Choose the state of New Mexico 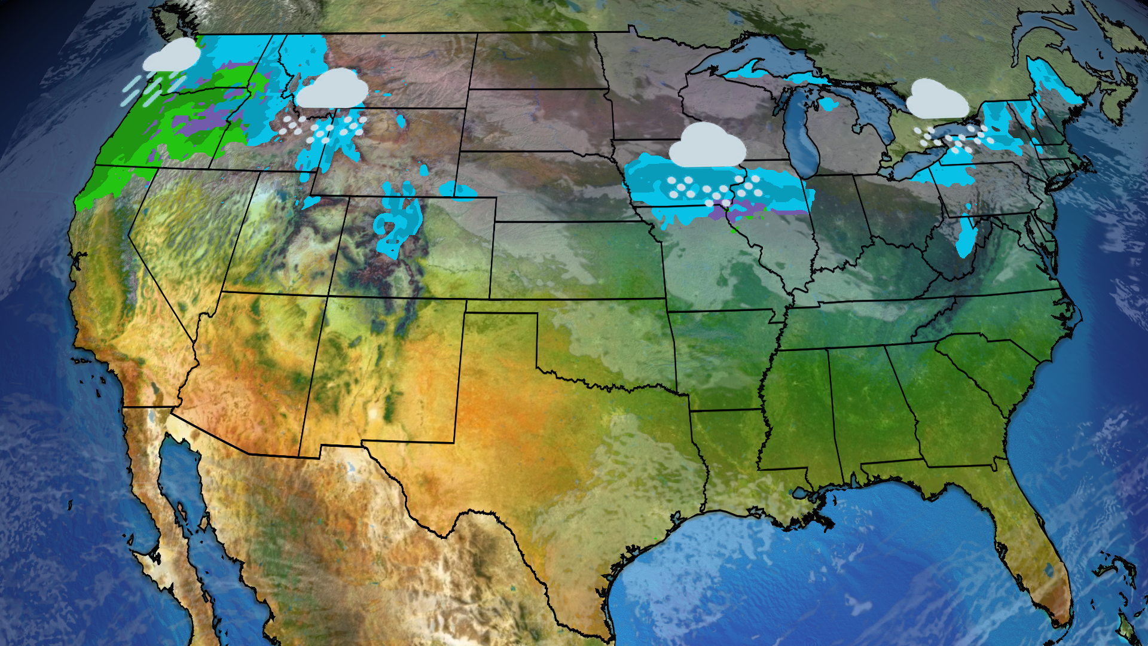tap(383, 371)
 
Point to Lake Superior tap(747, 57)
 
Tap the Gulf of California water tap(179, 490)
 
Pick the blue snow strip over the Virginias tap(966, 236)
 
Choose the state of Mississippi tap(798, 413)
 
